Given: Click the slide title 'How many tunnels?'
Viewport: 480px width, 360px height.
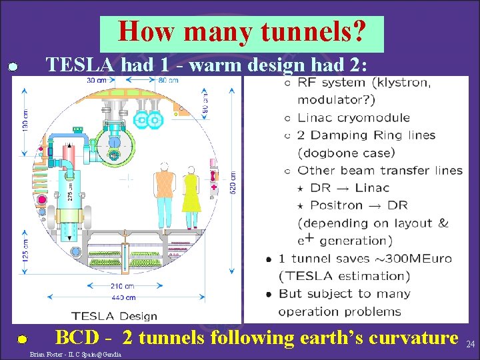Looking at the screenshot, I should [x=241, y=31].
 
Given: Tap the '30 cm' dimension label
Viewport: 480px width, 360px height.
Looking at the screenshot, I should [x=97, y=81].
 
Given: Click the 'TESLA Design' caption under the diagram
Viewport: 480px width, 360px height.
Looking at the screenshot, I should [x=115, y=316].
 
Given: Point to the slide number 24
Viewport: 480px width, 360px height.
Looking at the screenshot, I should [x=470, y=345].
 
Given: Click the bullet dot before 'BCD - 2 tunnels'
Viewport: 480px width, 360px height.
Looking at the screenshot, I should [x=22, y=339].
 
